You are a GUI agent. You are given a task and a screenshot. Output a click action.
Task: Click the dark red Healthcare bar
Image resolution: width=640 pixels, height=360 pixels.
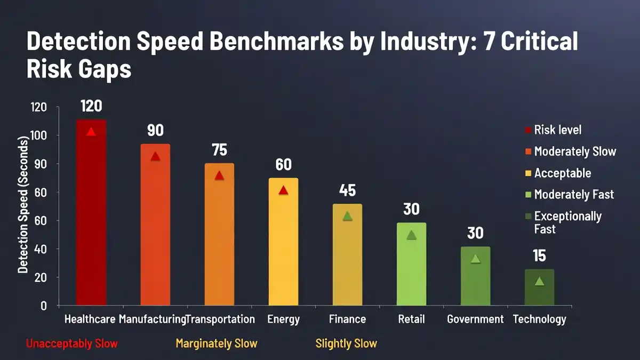tap(91, 213)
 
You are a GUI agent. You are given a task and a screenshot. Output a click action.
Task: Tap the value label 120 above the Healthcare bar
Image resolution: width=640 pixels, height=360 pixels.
tap(91, 106)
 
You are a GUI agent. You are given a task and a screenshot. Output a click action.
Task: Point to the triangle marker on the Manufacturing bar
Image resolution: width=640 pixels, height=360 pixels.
tap(155, 156)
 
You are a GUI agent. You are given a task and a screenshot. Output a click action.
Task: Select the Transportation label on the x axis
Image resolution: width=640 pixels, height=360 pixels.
tap(221, 319)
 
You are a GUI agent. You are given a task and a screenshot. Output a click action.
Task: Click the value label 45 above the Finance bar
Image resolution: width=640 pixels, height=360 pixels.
tap(347, 190)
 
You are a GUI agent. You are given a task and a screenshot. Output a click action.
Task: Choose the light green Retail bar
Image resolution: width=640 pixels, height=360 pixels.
tap(411, 264)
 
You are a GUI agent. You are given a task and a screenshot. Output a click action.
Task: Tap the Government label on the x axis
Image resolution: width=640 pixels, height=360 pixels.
tap(475, 319)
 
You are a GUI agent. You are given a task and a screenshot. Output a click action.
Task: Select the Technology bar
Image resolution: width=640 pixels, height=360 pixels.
tap(539, 288)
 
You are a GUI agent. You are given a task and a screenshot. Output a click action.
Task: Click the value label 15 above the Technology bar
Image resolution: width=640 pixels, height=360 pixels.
tap(539, 256)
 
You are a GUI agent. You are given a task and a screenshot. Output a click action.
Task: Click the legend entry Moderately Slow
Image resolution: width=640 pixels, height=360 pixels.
tap(575, 151)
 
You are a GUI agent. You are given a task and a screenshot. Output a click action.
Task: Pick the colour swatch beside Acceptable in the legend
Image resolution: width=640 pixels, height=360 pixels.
tap(528, 173)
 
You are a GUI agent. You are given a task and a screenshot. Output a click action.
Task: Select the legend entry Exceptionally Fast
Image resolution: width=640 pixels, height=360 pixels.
tap(567, 222)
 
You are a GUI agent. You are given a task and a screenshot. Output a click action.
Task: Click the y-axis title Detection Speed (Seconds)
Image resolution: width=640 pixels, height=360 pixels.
tap(23, 205)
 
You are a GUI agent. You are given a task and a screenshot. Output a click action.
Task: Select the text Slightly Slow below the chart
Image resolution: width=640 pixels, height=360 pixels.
tap(346, 343)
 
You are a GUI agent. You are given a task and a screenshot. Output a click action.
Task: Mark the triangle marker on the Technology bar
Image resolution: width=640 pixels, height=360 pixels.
tap(539, 281)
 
